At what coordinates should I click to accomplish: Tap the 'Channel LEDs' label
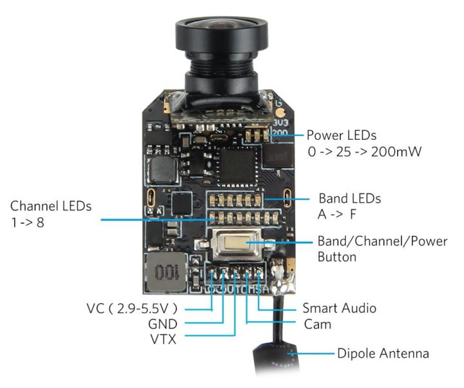pos(51,206)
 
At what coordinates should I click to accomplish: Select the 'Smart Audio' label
pos(339,309)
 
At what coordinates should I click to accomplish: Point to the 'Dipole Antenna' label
pos(383,354)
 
